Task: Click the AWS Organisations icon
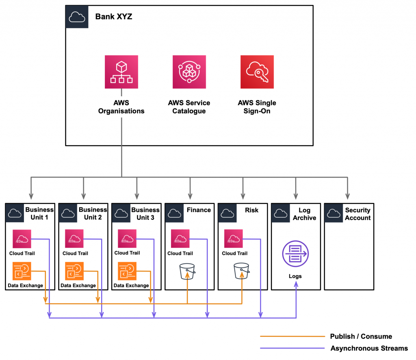(121, 72)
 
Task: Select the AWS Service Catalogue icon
(189, 72)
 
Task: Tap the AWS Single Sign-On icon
(257, 72)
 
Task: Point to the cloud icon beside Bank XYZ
(76, 17)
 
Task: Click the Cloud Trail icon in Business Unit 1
(22, 239)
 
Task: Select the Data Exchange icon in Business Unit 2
(75, 271)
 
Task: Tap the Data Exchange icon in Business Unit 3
(127, 271)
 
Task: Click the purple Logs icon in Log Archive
(295, 254)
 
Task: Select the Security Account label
(357, 214)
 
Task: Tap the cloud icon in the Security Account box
(334, 213)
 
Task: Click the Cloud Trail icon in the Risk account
(234, 239)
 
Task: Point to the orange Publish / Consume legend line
(292, 336)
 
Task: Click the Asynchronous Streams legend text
(369, 348)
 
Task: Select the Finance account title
(199, 210)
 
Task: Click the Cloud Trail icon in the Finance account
(180, 239)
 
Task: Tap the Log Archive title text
(304, 214)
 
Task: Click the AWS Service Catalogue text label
(189, 107)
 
